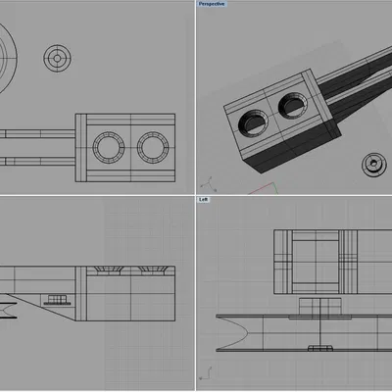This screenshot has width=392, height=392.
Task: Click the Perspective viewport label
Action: [212, 4]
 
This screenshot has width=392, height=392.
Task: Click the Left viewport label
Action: [204, 200]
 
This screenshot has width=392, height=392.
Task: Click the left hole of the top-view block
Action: [106, 148]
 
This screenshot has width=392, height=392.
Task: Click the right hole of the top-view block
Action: [152, 148]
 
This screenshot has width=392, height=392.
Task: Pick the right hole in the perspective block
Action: [291, 104]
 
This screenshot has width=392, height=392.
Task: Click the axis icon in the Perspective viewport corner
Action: [207, 182]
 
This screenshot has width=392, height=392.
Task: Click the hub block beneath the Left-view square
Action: [316, 306]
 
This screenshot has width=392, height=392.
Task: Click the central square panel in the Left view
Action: [314, 261]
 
